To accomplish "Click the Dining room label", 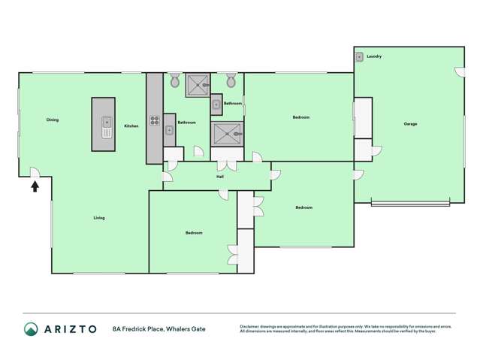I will coord(53,119).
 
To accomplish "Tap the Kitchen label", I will coord(131,126).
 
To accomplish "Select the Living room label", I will coord(99,218).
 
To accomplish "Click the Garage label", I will coord(410,123).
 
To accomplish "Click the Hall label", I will coord(220,177).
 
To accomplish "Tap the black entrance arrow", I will coord(35,185).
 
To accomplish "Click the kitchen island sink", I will coord(107,120).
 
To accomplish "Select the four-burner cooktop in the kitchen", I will coord(155,119).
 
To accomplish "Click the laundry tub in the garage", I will coord(361,56).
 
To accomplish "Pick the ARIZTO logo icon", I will coord(31,328).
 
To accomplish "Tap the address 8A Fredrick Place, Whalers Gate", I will coord(158,328).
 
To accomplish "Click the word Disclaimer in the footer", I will coord(252,326).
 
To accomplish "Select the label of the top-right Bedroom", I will coord(300,117).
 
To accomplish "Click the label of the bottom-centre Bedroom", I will coord(193,233).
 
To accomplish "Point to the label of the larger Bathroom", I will coord(186,123).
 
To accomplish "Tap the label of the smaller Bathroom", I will coord(232,103).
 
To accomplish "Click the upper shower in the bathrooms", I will coord(198,85).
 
